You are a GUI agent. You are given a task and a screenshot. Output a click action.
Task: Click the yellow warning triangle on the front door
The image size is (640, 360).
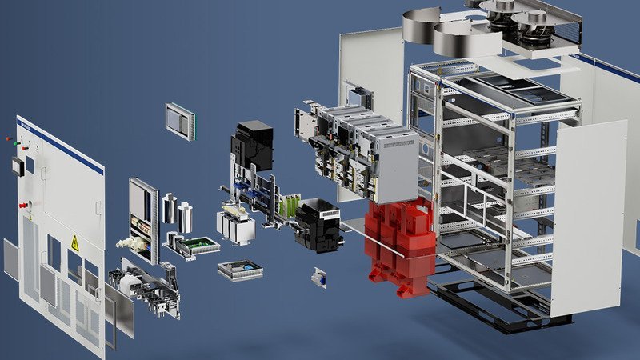75,243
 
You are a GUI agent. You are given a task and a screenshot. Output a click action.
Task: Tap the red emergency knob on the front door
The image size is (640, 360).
23,205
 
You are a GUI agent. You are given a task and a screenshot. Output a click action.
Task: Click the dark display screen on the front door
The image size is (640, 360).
18,166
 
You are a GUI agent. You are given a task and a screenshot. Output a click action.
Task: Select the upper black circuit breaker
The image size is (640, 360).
253,144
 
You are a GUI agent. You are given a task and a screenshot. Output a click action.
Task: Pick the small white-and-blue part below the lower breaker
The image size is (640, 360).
319,277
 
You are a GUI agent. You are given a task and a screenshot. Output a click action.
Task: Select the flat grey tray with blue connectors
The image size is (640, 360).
239,270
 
